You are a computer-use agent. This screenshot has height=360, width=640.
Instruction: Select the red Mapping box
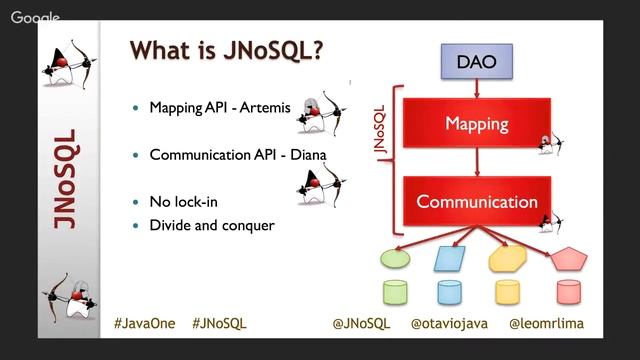pos(476,125)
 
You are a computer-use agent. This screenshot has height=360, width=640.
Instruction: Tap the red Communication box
pos(476,201)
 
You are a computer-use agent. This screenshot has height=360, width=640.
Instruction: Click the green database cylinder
pos(396,293)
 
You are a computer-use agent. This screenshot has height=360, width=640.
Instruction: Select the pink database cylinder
pos(569,293)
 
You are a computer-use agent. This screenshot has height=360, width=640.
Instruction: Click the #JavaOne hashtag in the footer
pos(146,324)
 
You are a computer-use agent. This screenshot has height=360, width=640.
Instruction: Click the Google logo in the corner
pos(35,17)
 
